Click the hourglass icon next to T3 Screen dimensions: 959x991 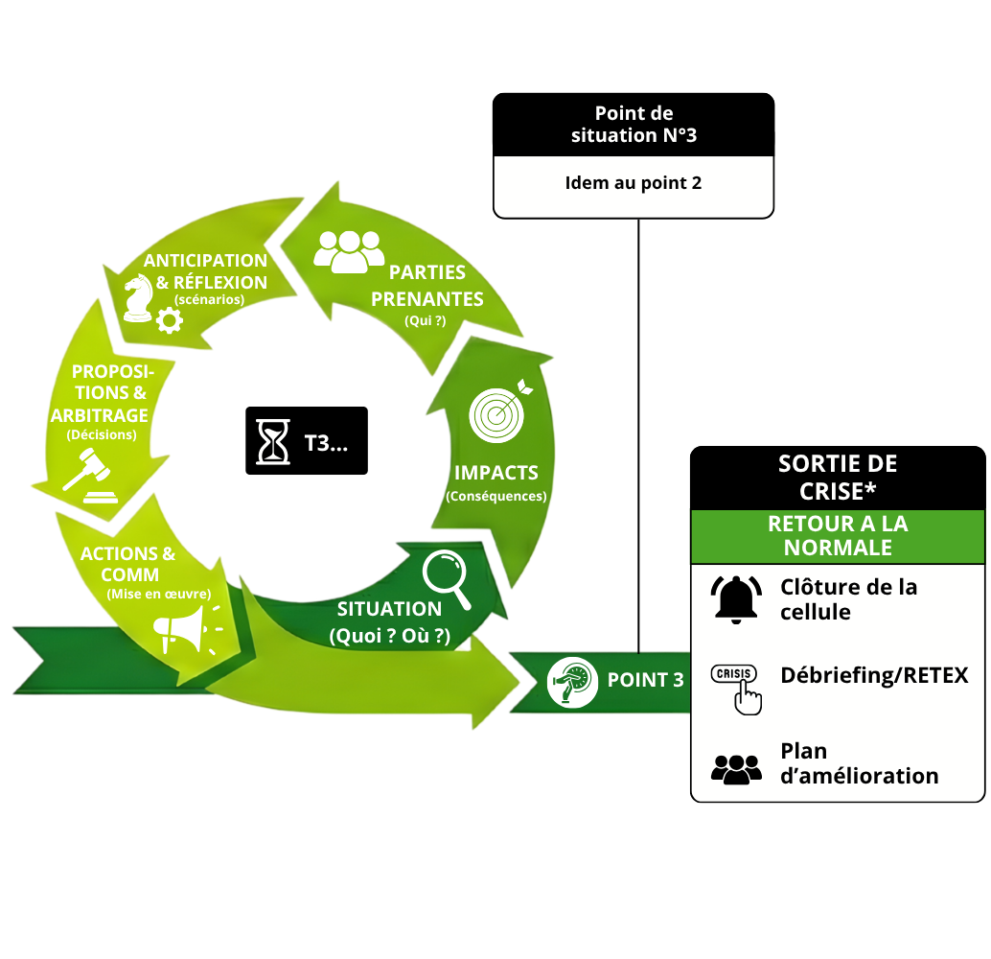(x=273, y=442)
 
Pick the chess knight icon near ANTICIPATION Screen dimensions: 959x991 (x=138, y=297)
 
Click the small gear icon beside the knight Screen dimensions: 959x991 (x=170, y=319)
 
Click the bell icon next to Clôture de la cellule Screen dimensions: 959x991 (x=736, y=598)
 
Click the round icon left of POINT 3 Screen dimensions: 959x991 (x=572, y=681)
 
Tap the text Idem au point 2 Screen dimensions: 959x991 (x=634, y=182)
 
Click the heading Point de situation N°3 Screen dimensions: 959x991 (x=634, y=125)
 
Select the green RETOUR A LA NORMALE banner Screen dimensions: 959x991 (x=838, y=536)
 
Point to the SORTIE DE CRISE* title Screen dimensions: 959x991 (x=838, y=477)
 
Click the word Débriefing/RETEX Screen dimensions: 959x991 (x=874, y=675)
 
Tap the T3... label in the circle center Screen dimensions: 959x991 (x=326, y=443)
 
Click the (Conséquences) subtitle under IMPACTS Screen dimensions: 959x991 (x=496, y=496)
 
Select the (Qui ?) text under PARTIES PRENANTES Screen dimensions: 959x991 (x=426, y=321)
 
